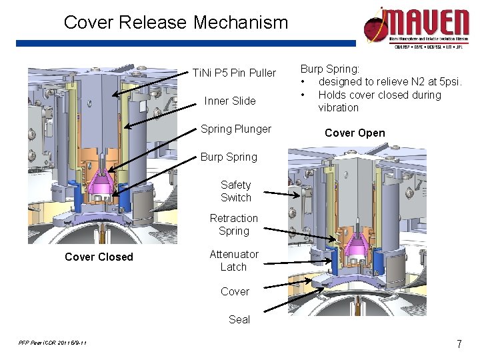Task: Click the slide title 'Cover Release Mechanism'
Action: (x=176, y=23)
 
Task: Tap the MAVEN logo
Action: (x=416, y=25)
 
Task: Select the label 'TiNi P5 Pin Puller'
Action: (x=234, y=73)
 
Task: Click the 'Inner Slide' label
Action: (x=230, y=101)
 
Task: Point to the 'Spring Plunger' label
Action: (x=236, y=129)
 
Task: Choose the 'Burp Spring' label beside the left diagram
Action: (x=229, y=157)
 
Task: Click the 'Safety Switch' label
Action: (x=236, y=191)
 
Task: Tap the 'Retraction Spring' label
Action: (x=233, y=225)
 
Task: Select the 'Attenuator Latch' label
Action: (x=233, y=261)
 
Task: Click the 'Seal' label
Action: (x=239, y=319)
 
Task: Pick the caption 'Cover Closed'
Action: (x=99, y=257)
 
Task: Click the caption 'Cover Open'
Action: (x=355, y=133)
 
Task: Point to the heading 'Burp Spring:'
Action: (x=330, y=69)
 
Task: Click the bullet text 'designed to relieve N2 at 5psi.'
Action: (x=390, y=82)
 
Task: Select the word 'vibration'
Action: (x=338, y=108)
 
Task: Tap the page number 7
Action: (x=459, y=345)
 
